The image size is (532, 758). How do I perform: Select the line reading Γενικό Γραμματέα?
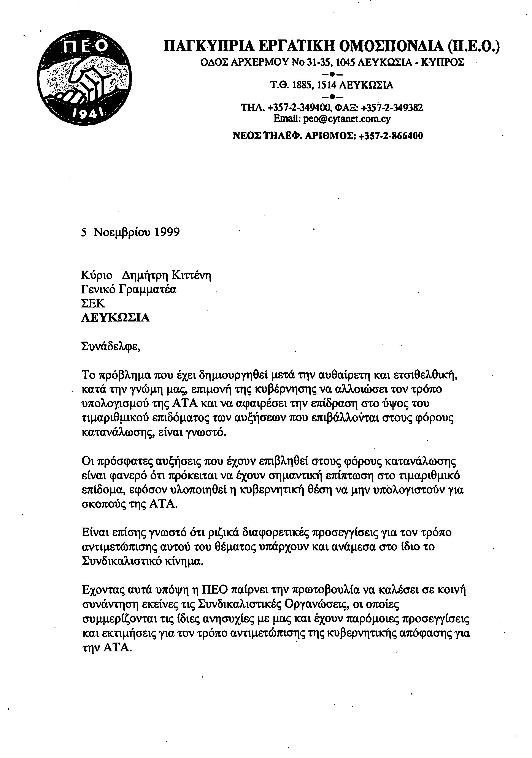[129, 290]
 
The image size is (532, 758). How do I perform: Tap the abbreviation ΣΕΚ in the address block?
[93, 303]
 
